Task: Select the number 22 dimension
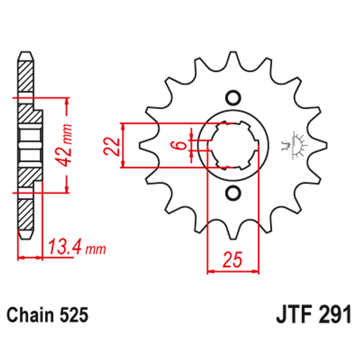[111, 145]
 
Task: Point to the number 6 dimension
[180, 145]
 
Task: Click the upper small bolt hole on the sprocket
[233, 97]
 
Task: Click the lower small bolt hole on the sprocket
[233, 193]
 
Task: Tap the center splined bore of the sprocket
[233, 145]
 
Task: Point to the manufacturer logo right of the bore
[295, 144]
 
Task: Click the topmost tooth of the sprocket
[233, 60]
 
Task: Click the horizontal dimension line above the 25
[233, 273]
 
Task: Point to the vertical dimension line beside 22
[123, 145]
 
